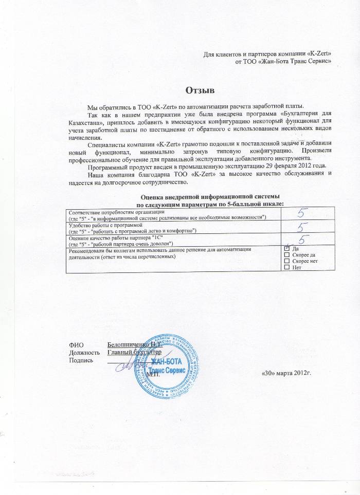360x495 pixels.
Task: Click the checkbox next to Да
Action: (x=286, y=249)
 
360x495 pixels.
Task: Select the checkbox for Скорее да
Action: (x=286, y=255)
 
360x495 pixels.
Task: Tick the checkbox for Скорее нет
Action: (x=286, y=261)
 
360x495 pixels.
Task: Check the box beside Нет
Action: (x=286, y=267)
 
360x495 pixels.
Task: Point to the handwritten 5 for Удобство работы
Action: (x=304, y=227)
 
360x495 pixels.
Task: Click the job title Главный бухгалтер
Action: (x=135, y=353)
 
